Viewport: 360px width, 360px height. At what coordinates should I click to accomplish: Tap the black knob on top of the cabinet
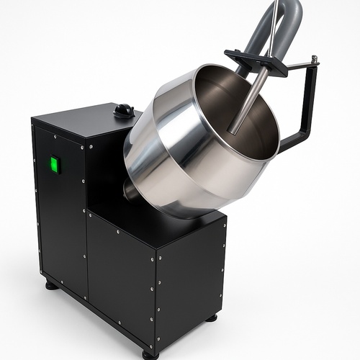124,110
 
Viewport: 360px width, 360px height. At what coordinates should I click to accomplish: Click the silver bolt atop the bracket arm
315,60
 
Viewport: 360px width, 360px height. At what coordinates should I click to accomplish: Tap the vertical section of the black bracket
310,101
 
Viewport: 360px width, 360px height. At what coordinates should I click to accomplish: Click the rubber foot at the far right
211,318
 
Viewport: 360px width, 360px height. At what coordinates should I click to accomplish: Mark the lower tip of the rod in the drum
233,130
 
